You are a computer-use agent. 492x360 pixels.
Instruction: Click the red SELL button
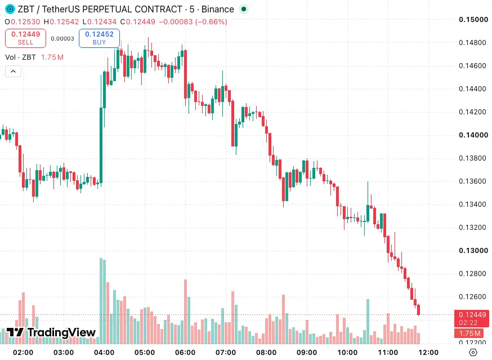coord(25,38)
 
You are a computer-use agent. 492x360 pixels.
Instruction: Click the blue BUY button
coord(99,38)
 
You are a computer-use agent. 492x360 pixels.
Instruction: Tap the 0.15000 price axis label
coord(473,20)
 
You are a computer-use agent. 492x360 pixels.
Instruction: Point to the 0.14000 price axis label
coord(473,135)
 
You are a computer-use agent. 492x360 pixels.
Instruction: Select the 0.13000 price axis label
coord(473,251)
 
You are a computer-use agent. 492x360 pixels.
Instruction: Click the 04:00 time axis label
coord(104,353)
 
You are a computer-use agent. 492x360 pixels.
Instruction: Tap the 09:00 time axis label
coord(307,353)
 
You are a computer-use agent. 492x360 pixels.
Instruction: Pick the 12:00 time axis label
coord(428,353)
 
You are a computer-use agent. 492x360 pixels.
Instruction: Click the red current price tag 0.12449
coord(472,318)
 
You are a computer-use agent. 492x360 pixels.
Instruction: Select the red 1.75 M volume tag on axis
coord(469,334)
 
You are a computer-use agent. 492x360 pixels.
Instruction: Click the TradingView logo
coord(51,332)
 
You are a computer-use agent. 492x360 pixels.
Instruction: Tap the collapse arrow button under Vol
coord(13,72)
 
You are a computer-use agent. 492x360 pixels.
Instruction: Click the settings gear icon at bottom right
coord(473,353)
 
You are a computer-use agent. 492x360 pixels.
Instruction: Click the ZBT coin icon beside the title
coord(10,9)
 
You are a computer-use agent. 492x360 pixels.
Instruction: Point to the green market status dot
coord(244,9)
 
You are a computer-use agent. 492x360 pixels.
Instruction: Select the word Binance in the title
coord(217,9)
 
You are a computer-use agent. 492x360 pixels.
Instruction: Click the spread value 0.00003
coord(62,38)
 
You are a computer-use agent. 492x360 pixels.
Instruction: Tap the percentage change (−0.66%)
coord(211,21)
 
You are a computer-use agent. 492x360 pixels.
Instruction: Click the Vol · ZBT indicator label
coord(20,57)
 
